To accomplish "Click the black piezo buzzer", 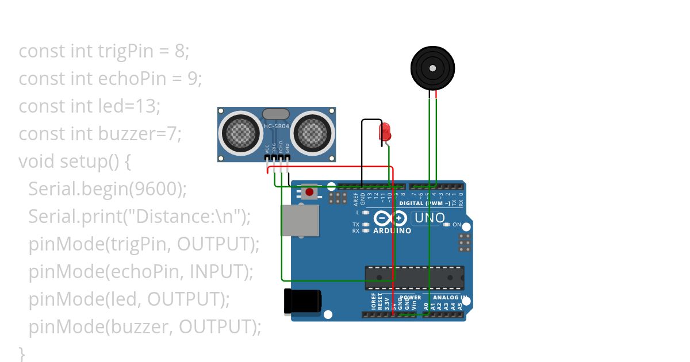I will point(432,68).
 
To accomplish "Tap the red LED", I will point(385,132).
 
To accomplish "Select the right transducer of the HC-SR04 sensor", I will point(314,133).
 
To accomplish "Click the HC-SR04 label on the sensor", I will point(276,126).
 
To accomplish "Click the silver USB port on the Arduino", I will point(299,221).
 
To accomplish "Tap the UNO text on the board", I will point(430,218).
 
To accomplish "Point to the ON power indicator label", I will point(457,224).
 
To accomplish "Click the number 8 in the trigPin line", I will point(181,51).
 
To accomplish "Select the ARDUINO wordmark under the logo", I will point(392,231).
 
